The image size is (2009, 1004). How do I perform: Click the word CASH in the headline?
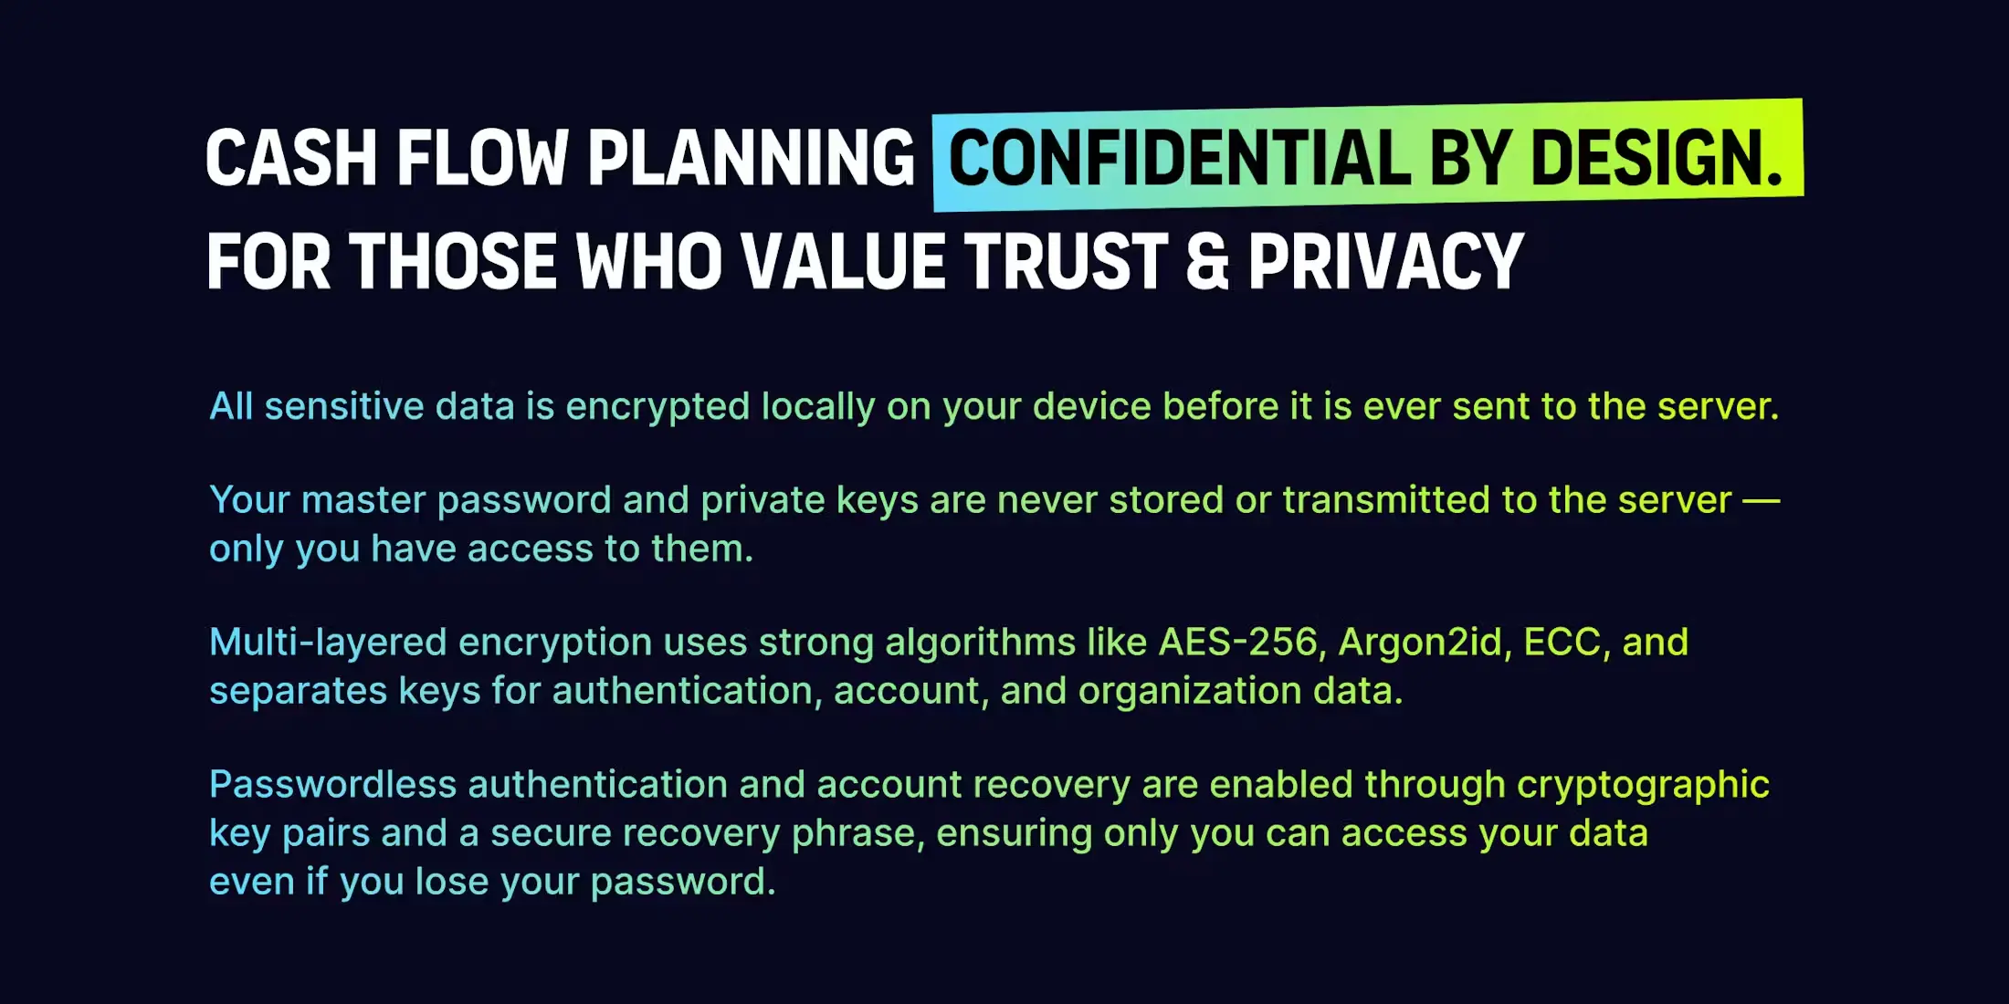pyautogui.click(x=291, y=158)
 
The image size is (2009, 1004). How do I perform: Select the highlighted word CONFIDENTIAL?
pyautogui.click(x=1179, y=158)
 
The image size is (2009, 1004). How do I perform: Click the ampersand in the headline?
pyautogui.click(x=1207, y=262)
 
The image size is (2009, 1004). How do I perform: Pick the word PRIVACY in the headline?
pyautogui.click(x=1385, y=262)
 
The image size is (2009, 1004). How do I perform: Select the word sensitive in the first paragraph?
pyautogui.click(x=344, y=406)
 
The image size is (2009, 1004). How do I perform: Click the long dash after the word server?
pyautogui.click(x=1762, y=501)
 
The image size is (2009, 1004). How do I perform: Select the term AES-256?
pyautogui.click(x=1238, y=643)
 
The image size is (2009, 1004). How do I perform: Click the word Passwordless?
pyautogui.click(x=333, y=785)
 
